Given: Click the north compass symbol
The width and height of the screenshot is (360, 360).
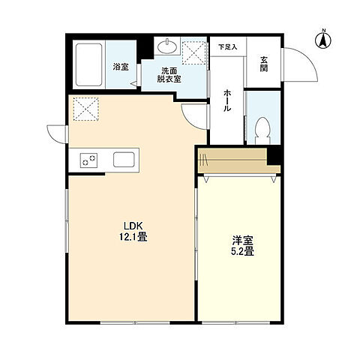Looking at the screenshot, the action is tap(323, 39).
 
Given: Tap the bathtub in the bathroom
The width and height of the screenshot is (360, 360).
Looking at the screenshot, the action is tap(88, 64).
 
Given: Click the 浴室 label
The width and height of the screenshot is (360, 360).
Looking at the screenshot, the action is tap(121, 67).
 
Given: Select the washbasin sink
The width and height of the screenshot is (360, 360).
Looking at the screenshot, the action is tap(167, 46).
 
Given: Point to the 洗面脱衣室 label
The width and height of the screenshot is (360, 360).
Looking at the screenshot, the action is tap(169, 75).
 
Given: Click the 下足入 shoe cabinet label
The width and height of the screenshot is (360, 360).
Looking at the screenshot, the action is tap(228, 46).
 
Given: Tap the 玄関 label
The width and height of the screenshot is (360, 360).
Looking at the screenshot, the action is tap(263, 64).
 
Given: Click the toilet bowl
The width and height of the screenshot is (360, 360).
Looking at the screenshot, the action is tap(262, 130).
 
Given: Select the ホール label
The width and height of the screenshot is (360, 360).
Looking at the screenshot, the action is tap(227, 100).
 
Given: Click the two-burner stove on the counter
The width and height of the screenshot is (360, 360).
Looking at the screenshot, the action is tap(88, 160).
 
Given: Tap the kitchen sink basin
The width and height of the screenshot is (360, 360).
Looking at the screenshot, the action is tap(124, 160).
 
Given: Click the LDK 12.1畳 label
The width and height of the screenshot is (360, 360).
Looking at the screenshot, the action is tap(133, 232).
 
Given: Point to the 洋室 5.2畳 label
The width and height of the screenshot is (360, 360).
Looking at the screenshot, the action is tap(242, 246).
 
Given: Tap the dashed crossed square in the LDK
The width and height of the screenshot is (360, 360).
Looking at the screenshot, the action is tap(85, 109).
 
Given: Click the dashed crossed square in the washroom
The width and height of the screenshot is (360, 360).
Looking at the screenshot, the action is tap(193, 52).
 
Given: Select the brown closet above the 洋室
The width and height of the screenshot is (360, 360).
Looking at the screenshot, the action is tap(239, 160).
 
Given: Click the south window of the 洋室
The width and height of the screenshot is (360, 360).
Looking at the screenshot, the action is tap(236, 322).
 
